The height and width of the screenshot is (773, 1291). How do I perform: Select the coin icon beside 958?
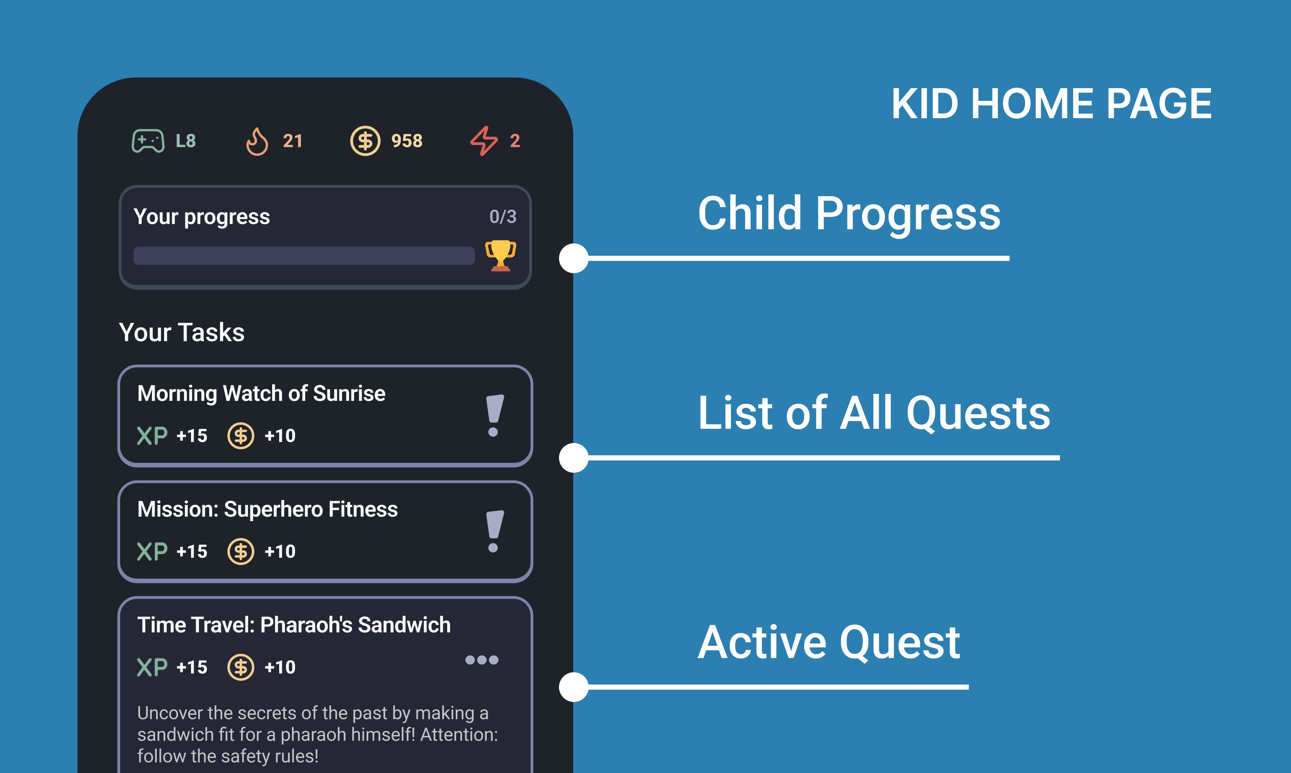tap(365, 141)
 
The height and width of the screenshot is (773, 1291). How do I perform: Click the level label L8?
tap(186, 141)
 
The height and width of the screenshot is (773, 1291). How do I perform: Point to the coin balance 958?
tap(407, 141)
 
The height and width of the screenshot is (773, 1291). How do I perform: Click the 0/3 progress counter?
tap(503, 216)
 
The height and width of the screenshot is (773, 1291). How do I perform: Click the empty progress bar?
tap(304, 256)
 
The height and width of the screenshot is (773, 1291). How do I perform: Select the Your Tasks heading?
tap(182, 332)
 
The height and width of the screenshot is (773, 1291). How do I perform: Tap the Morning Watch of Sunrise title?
tap(261, 393)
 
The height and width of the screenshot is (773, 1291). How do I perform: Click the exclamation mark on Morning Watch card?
tap(494, 415)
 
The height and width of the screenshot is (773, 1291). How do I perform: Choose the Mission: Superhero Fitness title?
tap(268, 509)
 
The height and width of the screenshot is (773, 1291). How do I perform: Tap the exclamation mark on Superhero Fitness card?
tap(494, 531)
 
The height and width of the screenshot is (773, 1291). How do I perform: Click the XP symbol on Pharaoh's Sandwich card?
tap(152, 667)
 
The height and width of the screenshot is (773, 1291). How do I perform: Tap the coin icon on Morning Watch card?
tap(240, 436)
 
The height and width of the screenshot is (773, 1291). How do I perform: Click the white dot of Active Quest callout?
tap(574, 687)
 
